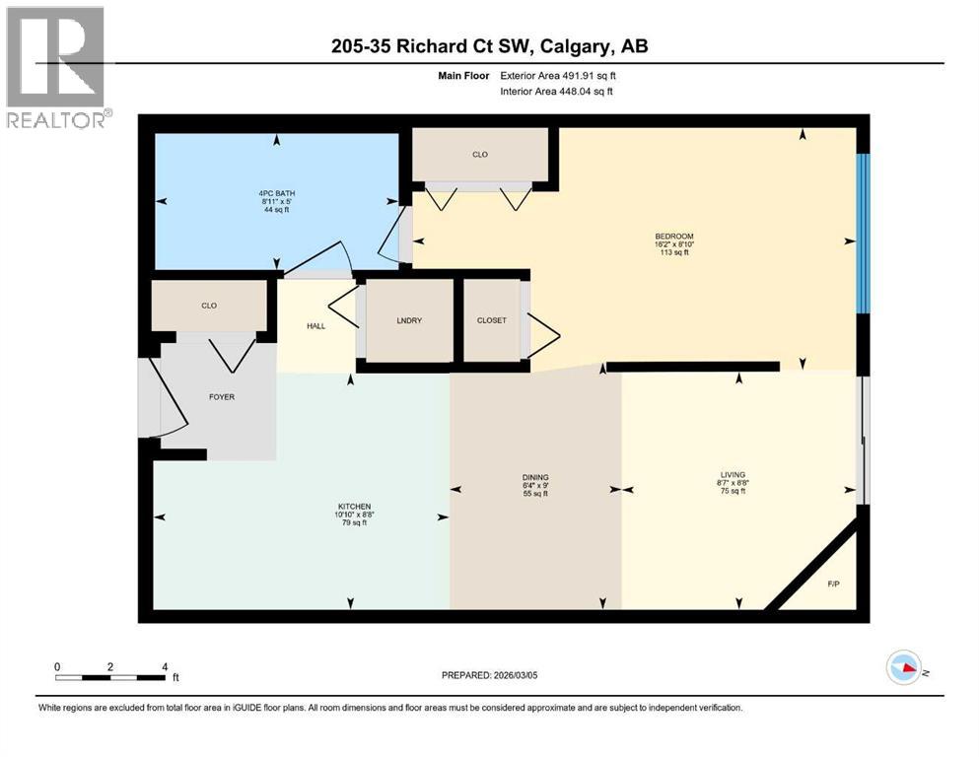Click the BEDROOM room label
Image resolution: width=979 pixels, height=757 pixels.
click(x=674, y=237)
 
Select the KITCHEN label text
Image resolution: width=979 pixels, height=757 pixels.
click(x=352, y=507)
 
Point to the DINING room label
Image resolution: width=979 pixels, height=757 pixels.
click(x=535, y=477)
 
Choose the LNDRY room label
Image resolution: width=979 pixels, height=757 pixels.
click(x=409, y=320)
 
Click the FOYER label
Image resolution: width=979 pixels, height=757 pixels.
click(x=221, y=397)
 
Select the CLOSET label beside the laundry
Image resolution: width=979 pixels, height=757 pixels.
click(x=491, y=320)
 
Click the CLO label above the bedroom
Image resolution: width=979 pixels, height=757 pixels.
click(x=479, y=155)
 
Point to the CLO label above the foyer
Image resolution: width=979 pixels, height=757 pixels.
click(x=209, y=306)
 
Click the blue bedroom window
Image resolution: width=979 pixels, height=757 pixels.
click(x=864, y=232)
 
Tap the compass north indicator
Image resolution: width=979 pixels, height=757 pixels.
click(x=903, y=667)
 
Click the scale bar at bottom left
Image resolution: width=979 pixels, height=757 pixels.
click(x=110, y=677)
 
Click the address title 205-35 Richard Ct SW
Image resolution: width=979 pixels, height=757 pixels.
click(x=488, y=46)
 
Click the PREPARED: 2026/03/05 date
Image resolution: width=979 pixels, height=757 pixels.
click(x=489, y=675)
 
